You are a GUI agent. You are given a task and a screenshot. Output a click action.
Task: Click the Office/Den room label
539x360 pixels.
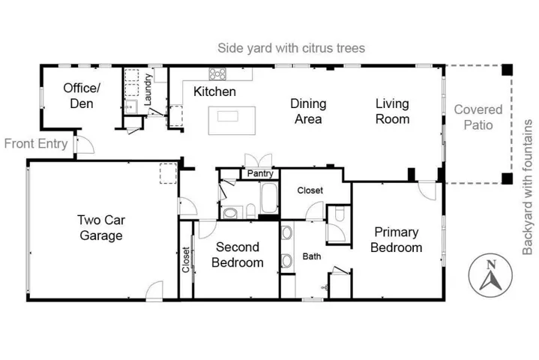(x=81, y=95)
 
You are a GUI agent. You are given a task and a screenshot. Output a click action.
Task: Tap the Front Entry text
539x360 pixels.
(x=35, y=143)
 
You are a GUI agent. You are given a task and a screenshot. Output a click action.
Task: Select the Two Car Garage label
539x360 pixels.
(x=100, y=227)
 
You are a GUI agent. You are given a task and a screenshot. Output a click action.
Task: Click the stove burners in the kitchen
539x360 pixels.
(x=217, y=74)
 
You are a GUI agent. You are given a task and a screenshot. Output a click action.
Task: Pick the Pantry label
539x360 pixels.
(x=259, y=174)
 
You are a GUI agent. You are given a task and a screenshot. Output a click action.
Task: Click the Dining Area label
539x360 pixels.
(x=307, y=112)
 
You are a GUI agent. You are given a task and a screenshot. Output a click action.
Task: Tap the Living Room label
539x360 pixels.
(x=392, y=112)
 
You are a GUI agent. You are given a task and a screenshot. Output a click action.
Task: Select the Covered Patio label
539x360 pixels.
(x=478, y=118)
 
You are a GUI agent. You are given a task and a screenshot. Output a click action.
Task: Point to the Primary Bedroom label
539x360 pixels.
(x=397, y=240)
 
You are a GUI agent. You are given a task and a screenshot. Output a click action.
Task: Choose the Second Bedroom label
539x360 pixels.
(x=238, y=255)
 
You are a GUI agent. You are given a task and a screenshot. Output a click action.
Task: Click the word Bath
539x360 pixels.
(x=312, y=256)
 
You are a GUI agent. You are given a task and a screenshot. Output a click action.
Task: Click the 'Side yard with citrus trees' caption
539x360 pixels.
(x=291, y=48)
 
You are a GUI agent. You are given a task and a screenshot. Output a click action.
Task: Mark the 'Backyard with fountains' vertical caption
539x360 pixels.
(x=528, y=187)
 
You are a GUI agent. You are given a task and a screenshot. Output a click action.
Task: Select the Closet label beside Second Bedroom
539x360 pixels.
(x=186, y=260)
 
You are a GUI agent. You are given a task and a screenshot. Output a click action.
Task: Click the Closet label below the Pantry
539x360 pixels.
(x=310, y=190)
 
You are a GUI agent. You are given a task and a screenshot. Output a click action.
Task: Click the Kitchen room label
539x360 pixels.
(x=214, y=92)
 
